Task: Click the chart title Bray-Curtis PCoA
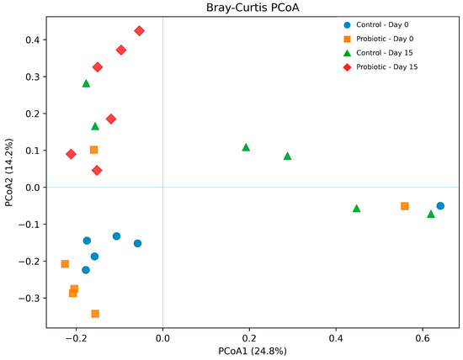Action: tap(253, 8)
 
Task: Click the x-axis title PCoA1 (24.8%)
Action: tap(253, 351)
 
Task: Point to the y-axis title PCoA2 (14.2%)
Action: tap(9, 172)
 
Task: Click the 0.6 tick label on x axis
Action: tap(423, 338)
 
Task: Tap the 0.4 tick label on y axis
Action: tap(33, 40)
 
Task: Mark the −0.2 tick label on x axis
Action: tap(76, 338)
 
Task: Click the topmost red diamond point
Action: tap(140, 30)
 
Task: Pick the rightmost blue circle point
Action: tap(440, 206)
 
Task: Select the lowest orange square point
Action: tap(95, 314)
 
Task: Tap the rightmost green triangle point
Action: tap(431, 214)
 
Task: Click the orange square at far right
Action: tap(405, 206)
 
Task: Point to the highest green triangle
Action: tap(86, 83)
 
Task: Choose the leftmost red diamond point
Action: tap(71, 154)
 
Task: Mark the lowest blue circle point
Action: tap(86, 270)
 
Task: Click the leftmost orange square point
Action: tap(65, 264)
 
